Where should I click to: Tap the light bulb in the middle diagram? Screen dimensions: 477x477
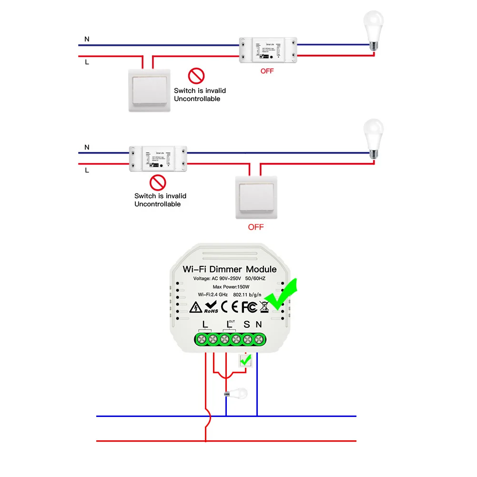point(373,138)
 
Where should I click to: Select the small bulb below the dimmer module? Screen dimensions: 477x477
point(237,394)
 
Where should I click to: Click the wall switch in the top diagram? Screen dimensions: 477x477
point(149,91)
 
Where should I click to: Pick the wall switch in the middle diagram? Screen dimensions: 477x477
point(255,197)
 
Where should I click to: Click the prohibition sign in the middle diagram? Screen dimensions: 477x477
point(157,183)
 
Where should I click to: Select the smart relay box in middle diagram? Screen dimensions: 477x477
point(158,159)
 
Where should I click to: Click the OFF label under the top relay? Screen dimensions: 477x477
point(267,71)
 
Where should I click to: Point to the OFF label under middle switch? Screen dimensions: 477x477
point(256,227)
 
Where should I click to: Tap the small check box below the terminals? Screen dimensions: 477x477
point(246,361)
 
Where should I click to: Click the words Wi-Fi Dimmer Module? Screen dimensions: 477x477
point(229,269)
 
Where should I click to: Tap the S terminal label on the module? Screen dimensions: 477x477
point(246,325)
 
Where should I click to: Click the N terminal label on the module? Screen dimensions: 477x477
point(259,325)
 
